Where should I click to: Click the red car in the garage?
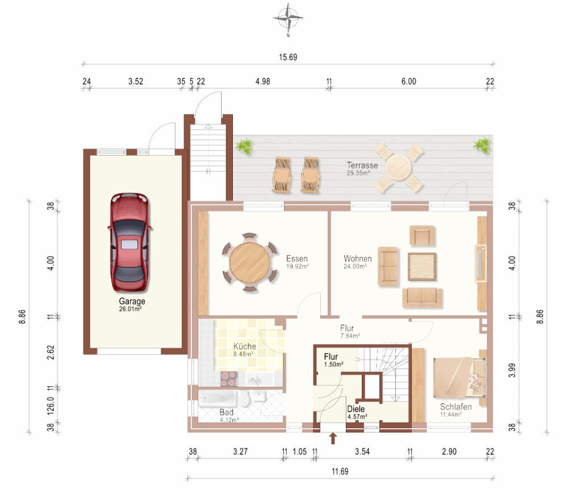click(x=130, y=242)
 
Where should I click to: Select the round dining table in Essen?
click(x=249, y=262)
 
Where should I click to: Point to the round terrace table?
click(x=399, y=168)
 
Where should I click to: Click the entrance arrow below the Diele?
click(x=333, y=438)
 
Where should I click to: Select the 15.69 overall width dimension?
click(x=288, y=57)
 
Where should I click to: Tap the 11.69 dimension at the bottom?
click(x=340, y=471)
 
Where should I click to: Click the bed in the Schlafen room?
click(x=460, y=377)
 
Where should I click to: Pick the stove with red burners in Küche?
click(x=229, y=379)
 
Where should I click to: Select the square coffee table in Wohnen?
click(x=422, y=266)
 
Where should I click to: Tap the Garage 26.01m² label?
click(x=132, y=304)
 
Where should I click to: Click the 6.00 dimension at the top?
click(x=408, y=82)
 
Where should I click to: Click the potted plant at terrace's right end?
click(x=482, y=145)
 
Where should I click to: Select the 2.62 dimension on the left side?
click(x=51, y=352)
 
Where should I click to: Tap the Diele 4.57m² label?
click(x=357, y=412)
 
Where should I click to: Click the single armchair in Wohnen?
click(x=422, y=236)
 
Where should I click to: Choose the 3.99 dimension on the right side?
click(x=512, y=370)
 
